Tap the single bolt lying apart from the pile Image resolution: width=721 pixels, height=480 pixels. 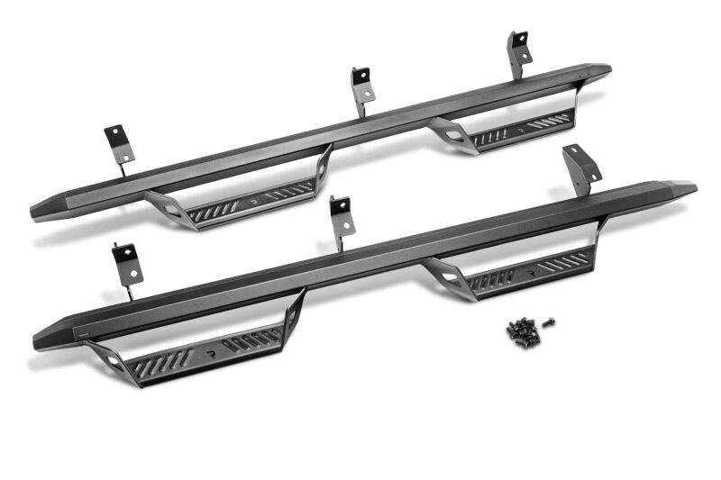tap(549, 322)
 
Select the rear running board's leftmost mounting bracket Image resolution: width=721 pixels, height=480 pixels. tap(119, 144)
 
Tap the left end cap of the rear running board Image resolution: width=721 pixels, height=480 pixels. tap(45, 208)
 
